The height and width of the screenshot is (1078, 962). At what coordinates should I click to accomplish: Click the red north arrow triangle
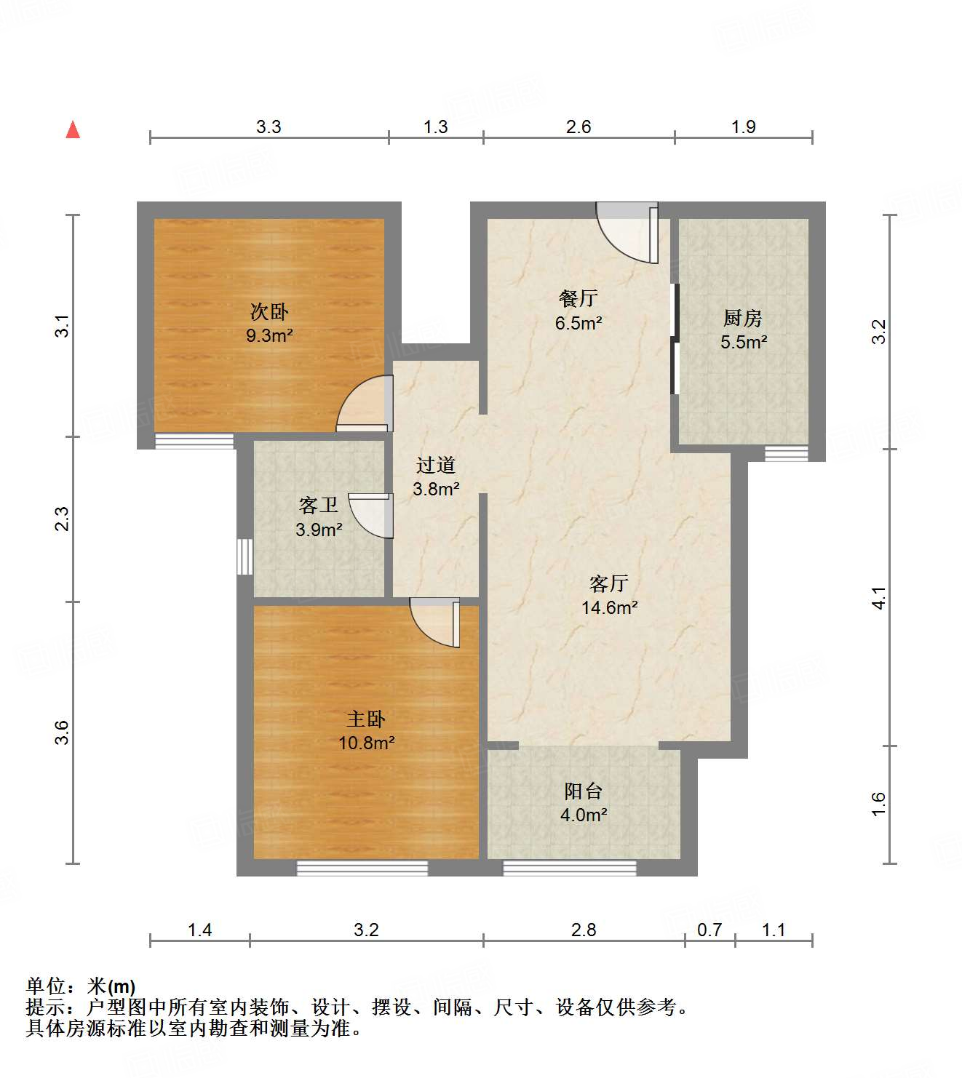[73, 129]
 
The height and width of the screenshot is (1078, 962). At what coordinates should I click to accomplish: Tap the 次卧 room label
[269, 312]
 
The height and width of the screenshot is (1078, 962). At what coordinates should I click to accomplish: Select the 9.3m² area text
[269, 335]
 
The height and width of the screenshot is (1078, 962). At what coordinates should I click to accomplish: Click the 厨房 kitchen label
[742, 318]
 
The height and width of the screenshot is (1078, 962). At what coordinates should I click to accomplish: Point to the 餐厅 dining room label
[579, 298]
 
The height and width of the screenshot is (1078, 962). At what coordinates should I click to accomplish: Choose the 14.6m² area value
[610, 607]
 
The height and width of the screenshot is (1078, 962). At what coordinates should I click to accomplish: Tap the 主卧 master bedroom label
[366, 719]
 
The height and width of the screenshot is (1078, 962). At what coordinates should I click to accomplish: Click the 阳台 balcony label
[583, 791]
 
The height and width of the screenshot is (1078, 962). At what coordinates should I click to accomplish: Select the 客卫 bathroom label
[319, 506]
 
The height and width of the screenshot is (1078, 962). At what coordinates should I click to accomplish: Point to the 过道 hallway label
[436, 465]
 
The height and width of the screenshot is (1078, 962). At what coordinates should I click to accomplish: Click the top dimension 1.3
[435, 127]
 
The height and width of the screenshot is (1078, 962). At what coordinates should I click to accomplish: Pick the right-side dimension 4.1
[879, 597]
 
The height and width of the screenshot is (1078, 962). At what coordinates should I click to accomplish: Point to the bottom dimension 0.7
[709, 930]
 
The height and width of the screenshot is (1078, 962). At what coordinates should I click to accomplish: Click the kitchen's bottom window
[786, 453]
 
